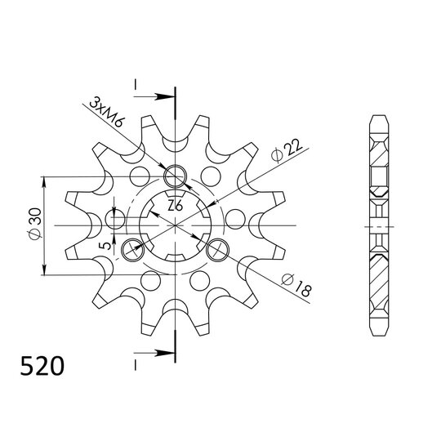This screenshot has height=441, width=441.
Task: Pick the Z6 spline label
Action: [x=174, y=206]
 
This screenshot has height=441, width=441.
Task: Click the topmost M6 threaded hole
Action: [x=174, y=176]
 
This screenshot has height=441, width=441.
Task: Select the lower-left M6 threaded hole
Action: [x=131, y=248]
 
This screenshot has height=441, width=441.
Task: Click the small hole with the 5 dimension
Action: [x=114, y=219]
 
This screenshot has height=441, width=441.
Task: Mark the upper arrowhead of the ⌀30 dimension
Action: [x=47, y=180]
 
